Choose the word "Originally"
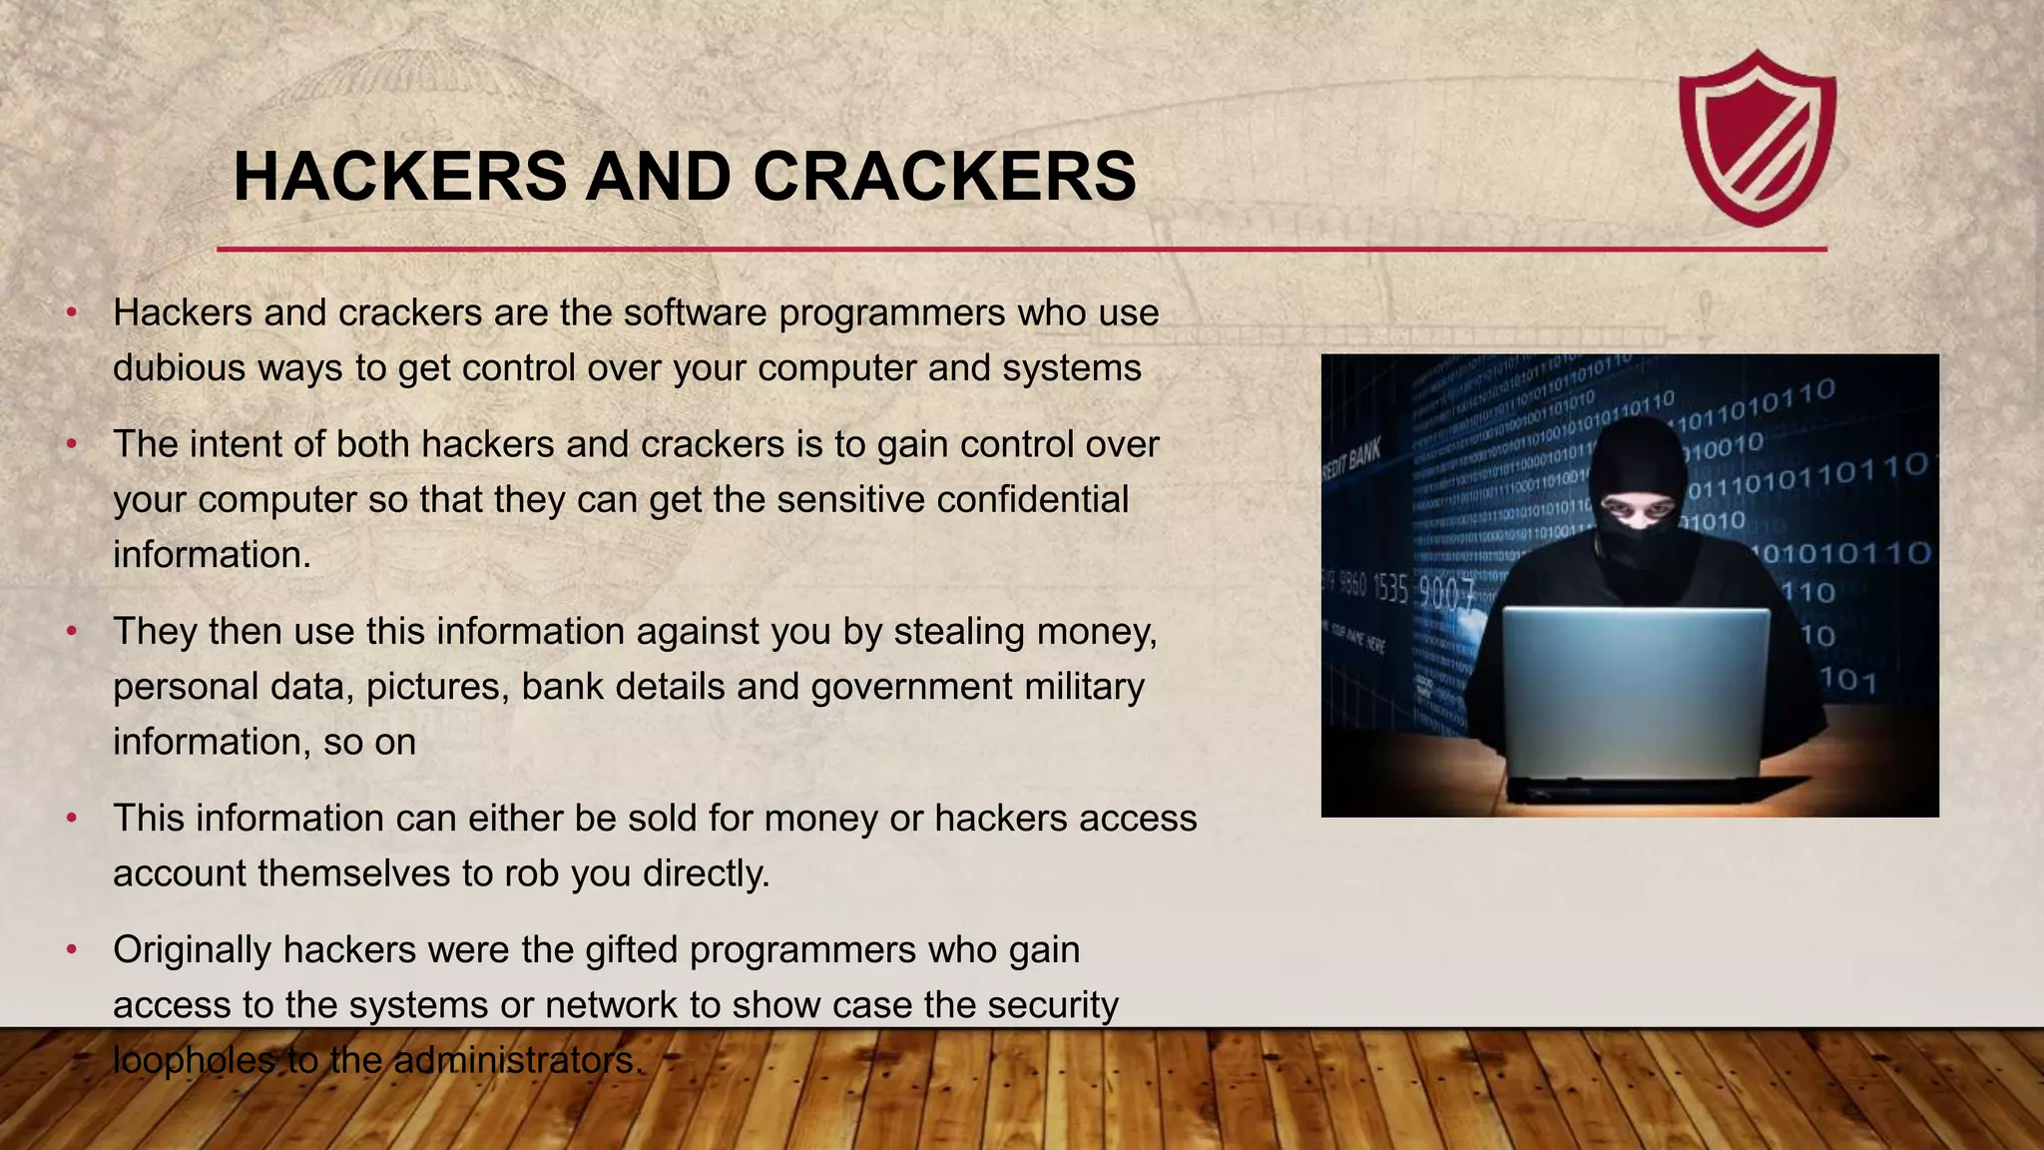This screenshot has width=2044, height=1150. [192, 950]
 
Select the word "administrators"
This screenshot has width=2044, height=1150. [515, 1060]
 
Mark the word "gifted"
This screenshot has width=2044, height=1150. [632, 950]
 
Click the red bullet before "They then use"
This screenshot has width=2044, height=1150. [72, 632]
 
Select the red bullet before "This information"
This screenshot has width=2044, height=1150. [72, 819]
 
